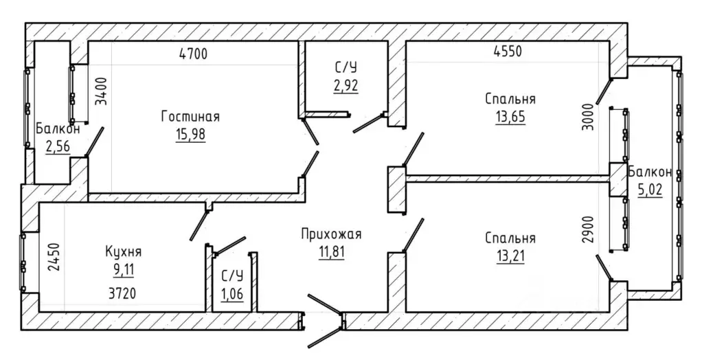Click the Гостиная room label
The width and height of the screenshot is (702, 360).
(191, 116)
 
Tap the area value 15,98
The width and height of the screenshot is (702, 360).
(191, 135)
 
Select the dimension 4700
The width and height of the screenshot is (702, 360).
(194, 54)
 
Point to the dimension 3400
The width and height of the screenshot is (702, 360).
(102, 91)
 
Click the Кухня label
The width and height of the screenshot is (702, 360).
(124, 251)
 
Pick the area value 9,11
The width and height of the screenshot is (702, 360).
(124, 269)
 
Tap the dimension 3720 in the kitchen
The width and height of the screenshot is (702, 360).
(122, 294)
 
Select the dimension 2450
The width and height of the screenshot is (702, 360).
(54, 257)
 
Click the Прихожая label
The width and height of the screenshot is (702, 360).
(331, 234)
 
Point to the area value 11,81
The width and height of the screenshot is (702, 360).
(331, 252)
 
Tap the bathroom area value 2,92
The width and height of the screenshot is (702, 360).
(346, 85)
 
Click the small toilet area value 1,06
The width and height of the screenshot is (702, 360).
(232, 294)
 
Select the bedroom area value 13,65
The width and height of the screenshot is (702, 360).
(510, 116)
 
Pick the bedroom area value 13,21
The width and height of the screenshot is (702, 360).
(510, 256)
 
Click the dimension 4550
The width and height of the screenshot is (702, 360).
(508, 52)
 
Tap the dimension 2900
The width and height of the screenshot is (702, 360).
(588, 229)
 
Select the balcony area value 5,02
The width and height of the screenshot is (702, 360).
(650, 190)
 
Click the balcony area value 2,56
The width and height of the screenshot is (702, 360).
(58, 146)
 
